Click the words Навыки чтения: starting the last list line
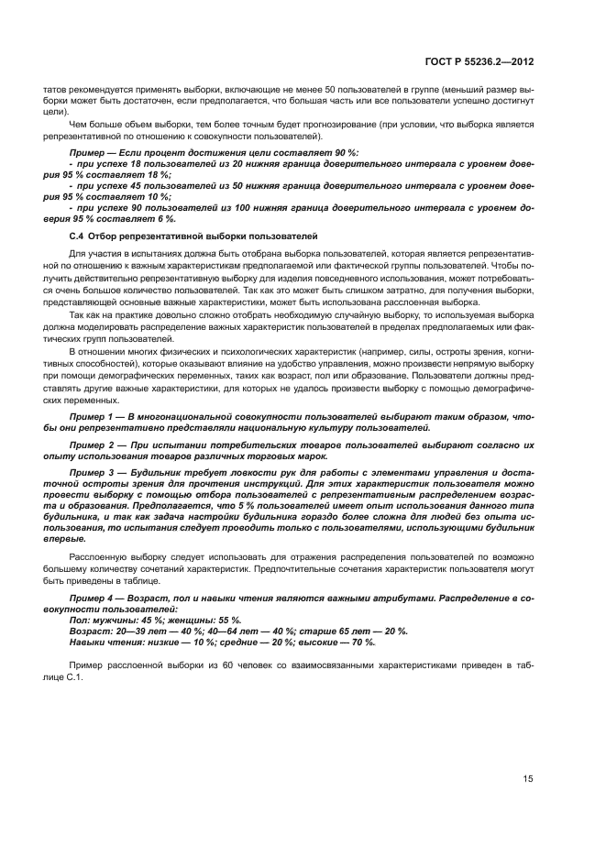pyautogui.click(x=103, y=642)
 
